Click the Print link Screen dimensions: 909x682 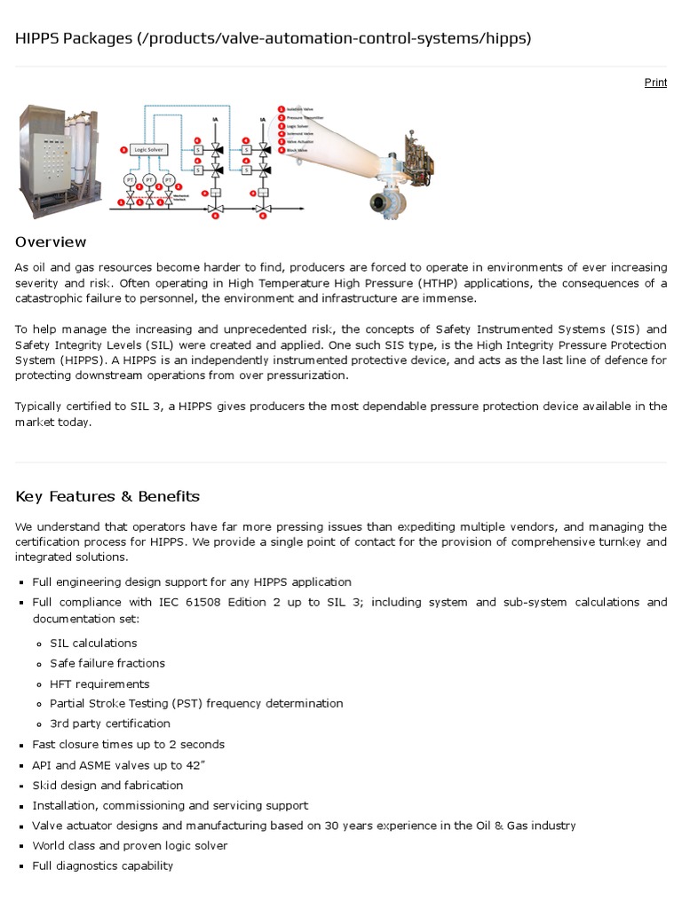pos(655,83)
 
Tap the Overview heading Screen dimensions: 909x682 pos(51,242)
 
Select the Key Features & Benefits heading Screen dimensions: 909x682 pos(107,496)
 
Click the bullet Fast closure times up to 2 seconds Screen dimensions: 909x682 pos(129,744)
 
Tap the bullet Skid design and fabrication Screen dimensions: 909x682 pos(107,785)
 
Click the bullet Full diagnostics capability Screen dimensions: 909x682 pos(103,866)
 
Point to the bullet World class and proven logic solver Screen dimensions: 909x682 pos(130,845)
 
